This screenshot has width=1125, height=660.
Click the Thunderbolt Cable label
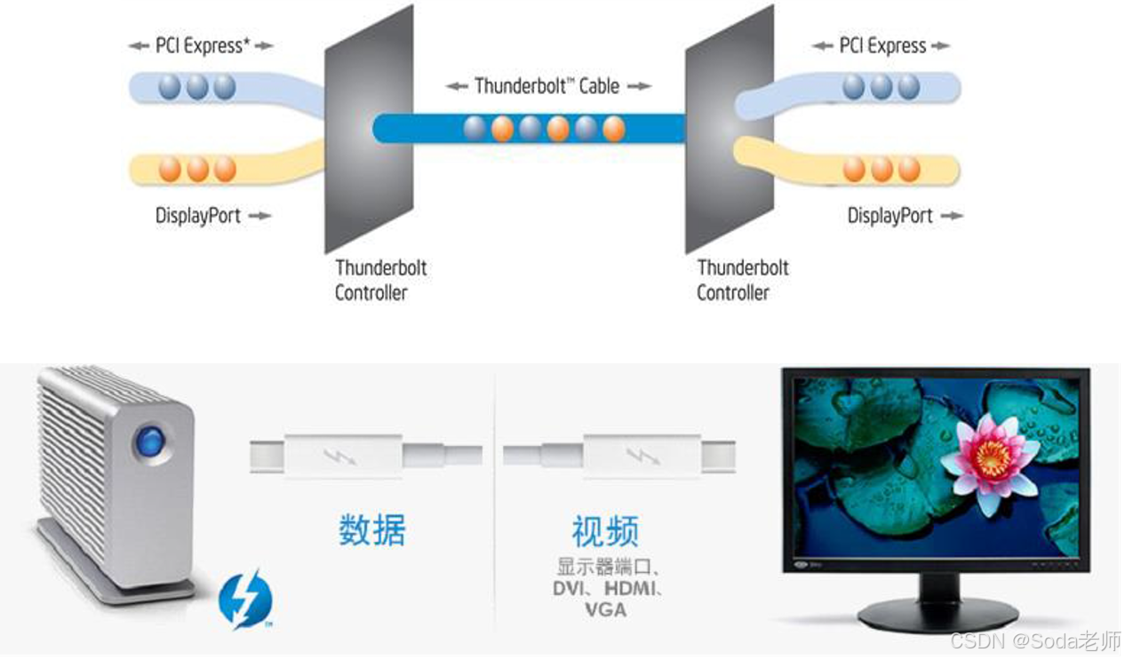click(x=547, y=86)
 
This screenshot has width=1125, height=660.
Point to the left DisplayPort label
click(x=198, y=216)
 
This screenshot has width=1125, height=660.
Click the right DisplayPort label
click(x=890, y=216)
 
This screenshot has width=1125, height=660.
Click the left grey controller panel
click(x=369, y=129)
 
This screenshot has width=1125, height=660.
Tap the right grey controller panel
click(x=729, y=129)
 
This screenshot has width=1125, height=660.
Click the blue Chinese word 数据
click(x=372, y=530)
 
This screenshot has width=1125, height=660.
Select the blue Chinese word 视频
click(x=605, y=532)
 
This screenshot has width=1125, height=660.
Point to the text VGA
click(x=605, y=610)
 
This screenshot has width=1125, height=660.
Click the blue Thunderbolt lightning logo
click(x=244, y=600)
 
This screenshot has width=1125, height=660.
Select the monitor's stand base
click(x=937, y=613)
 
